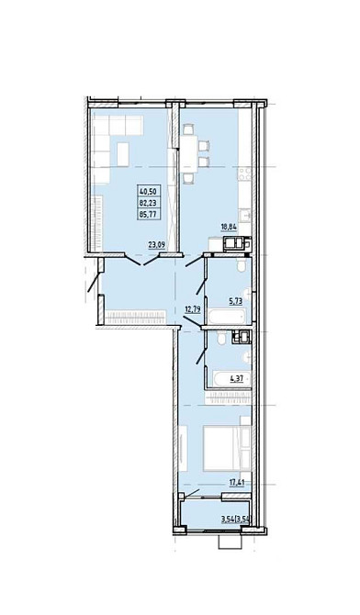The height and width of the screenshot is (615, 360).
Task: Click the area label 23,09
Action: [x=156, y=245]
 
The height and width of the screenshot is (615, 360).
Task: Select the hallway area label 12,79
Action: [x=193, y=309]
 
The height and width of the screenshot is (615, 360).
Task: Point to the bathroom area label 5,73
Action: [x=235, y=301]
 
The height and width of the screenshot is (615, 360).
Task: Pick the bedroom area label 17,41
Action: [x=236, y=483]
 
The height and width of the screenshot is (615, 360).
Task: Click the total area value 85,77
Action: [x=148, y=214]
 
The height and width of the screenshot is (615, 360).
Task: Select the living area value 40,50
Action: [x=148, y=192]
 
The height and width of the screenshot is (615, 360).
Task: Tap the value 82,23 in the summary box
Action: [x=148, y=203]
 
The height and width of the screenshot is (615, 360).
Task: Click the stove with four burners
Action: [x=244, y=174]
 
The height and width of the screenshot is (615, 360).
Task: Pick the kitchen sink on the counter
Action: [x=246, y=216]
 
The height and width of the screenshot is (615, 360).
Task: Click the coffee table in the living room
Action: [x=123, y=154]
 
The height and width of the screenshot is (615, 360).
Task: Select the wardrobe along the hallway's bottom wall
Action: [x=135, y=317]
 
